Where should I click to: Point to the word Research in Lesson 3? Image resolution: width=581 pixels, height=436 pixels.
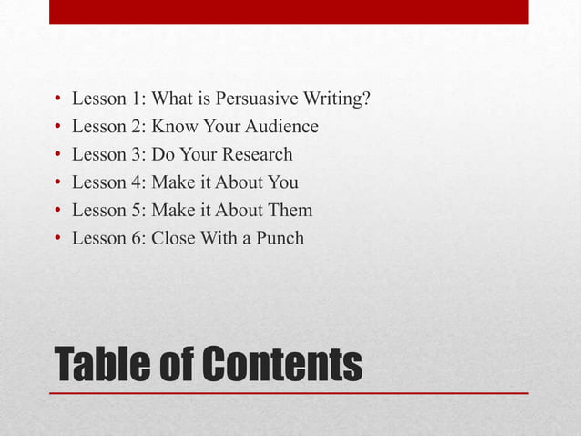pos(259,155)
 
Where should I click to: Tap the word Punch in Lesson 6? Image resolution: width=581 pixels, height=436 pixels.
pos(280,239)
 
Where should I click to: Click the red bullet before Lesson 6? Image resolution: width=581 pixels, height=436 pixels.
pos(57,240)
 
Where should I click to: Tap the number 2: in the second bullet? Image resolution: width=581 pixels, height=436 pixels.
pos(140,127)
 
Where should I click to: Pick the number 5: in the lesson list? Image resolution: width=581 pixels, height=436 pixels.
pos(140,211)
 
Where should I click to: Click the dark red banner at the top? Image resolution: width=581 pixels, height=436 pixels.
pos(289,11)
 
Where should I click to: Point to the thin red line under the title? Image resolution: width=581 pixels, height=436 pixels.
pos(289,393)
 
